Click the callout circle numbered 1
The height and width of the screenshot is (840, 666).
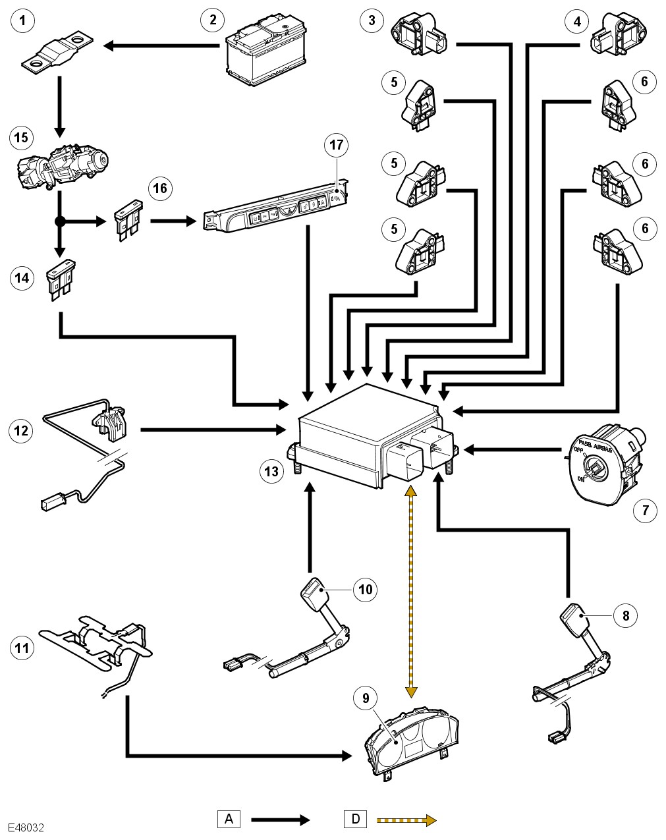pos(23,22)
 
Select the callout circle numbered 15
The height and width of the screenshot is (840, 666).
pos(22,138)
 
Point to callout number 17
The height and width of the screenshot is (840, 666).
pos(337,145)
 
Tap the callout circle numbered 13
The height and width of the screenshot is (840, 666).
pos(271,471)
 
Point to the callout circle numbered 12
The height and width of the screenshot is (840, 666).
pos(22,431)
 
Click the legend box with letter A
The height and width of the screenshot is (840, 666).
pos(229,820)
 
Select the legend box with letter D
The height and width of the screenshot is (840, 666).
pos(356,820)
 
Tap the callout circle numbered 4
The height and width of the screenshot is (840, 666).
pos(577,22)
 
